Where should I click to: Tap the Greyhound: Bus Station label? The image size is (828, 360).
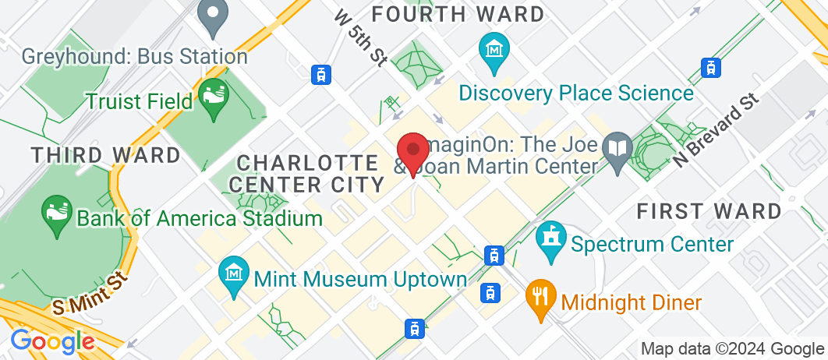pos(134,57)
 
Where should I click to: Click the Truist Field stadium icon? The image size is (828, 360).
pos(212,98)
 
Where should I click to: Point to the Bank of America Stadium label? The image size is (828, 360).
pos(200,217)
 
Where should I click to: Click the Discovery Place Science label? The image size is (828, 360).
pos(576,94)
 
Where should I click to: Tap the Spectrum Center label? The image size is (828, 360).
pos(653,245)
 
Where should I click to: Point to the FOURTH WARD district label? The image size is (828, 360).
pos(458,14)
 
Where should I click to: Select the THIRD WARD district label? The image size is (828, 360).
pos(106,154)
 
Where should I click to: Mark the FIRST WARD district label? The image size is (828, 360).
pos(709,211)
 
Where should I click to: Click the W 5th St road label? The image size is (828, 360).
pos(360,37)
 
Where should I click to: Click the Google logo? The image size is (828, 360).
pos(52,341)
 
